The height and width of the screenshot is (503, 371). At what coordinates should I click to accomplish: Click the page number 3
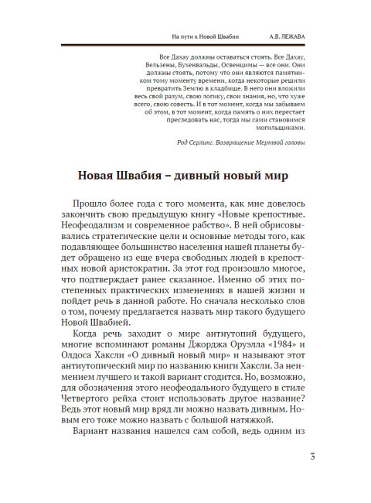311,456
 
